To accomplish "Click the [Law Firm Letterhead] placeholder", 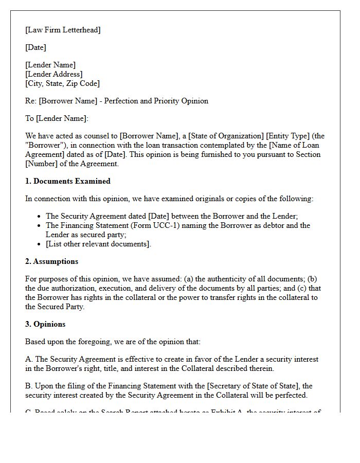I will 63,30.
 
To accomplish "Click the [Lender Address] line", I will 53,74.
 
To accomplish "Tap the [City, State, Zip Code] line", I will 62,83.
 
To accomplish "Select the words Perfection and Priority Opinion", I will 156,101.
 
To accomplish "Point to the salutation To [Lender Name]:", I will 57,118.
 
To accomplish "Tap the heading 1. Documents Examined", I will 68,181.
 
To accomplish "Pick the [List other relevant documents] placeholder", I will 98,244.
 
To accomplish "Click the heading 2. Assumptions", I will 52,261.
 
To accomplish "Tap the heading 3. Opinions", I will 45,324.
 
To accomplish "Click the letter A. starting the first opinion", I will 29,359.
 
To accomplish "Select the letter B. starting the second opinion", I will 29,386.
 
